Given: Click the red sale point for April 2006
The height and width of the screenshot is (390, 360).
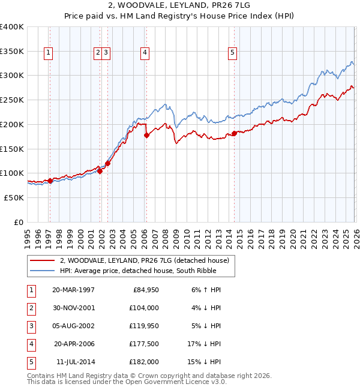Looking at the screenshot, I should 146,136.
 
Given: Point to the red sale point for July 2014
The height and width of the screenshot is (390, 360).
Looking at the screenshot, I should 234,133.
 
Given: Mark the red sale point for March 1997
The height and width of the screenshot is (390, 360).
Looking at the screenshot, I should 50,181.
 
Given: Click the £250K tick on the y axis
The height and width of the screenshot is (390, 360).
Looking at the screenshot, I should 12,100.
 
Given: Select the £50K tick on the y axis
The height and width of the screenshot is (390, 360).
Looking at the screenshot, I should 14,197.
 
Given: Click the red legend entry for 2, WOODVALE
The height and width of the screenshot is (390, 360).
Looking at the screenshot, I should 144,260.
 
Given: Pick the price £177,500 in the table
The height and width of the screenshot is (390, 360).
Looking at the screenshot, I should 144,344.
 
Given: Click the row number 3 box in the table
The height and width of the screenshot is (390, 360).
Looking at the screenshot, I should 31,326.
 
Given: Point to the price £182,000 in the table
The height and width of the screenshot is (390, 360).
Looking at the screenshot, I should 144,362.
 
